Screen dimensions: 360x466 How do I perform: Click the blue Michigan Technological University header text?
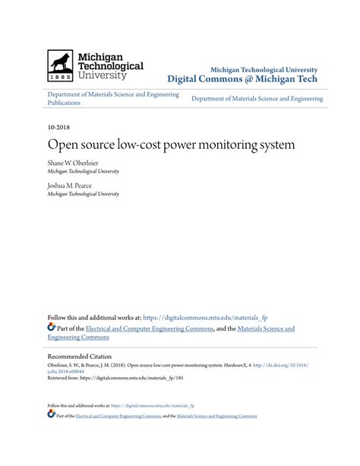click(x=264, y=69)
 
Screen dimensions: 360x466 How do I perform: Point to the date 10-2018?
click(x=58, y=128)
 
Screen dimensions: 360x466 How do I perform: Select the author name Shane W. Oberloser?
click(x=76, y=163)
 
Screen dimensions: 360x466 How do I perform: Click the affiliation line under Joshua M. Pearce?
click(x=83, y=195)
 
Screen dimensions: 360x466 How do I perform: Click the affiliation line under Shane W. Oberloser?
click(x=83, y=173)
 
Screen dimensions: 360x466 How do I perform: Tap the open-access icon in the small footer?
click(x=51, y=415)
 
